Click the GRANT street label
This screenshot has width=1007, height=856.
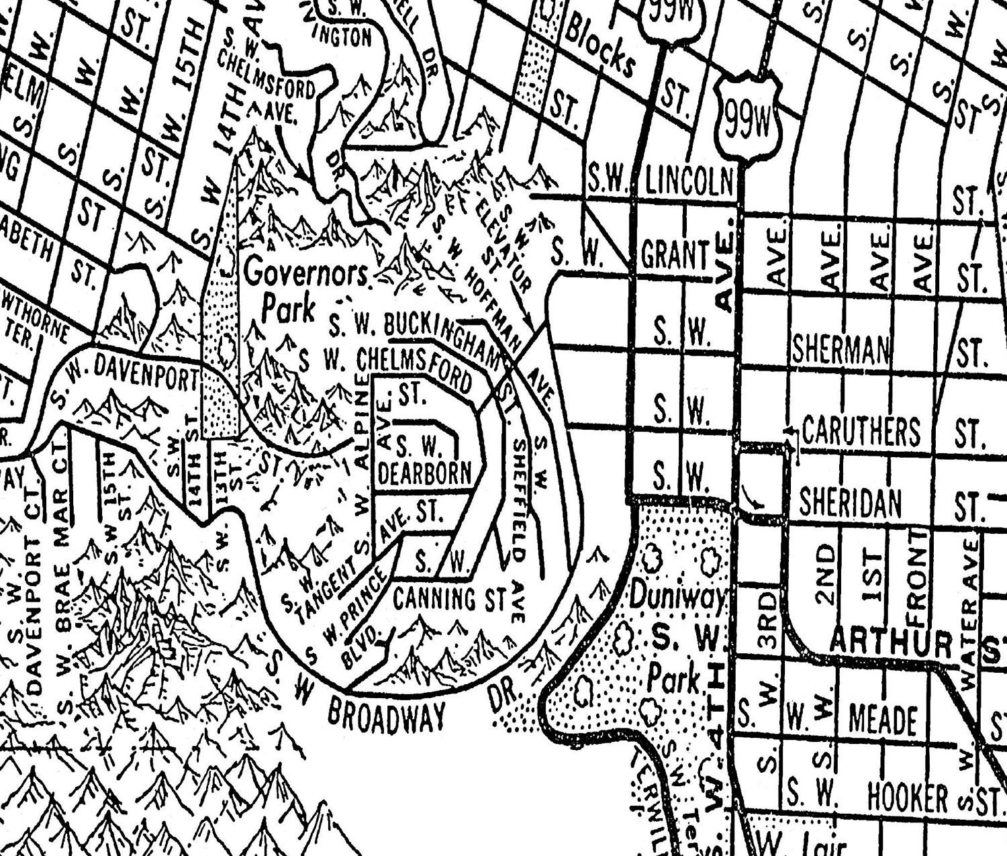pos(675,256)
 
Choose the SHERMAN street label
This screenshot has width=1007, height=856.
pos(841,350)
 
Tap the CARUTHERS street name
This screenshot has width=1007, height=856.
pos(861,430)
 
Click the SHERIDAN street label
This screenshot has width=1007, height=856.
pos(850,503)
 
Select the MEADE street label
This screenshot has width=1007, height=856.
pos(883,720)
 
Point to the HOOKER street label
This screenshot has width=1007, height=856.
pos(907,798)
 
